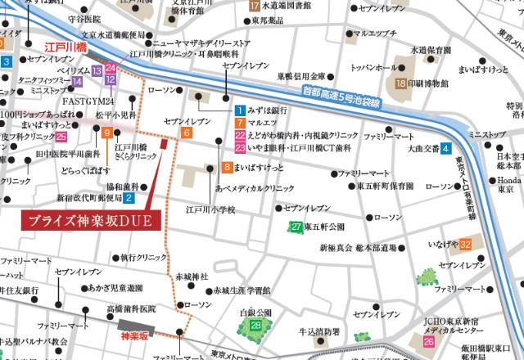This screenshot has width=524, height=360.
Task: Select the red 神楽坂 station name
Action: click(x=134, y=335)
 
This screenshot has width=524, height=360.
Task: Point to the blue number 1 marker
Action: click(x=238, y=110)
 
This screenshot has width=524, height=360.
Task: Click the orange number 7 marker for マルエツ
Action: click(x=238, y=123)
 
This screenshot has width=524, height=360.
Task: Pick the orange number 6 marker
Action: click(x=187, y=133)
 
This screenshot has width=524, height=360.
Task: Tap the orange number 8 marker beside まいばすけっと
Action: click(x=226, y=167)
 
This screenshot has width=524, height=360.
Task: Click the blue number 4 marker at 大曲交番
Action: click(x=445, y=149)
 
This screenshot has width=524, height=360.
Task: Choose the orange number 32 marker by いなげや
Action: click(x=465, y=244)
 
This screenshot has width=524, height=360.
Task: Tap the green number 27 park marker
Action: click(x=297, y=227)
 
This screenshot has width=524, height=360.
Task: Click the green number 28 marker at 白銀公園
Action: click(x=256, y=326)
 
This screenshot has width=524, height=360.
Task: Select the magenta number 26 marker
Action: click(x=429, y=341)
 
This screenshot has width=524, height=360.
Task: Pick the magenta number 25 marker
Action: click(x=61, y=136)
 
